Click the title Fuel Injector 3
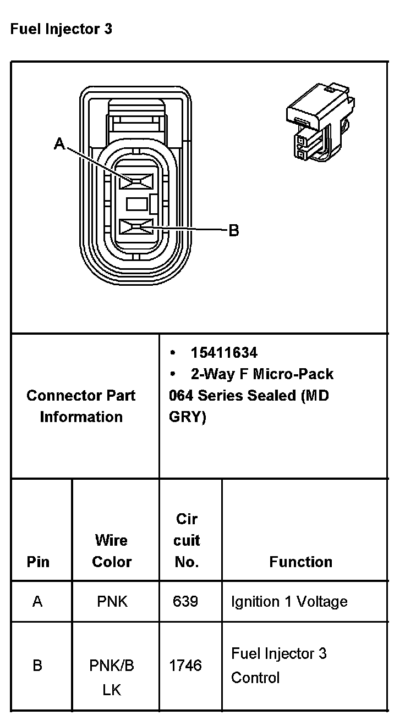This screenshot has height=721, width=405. pos(61,29)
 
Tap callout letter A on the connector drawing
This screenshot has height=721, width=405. pos(59,145)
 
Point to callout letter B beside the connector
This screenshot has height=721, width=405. pos(233,230)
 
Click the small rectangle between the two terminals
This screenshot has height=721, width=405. pos(138,204)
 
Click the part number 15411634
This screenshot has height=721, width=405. pos(224,352)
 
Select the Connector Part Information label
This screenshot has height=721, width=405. pos(81,406)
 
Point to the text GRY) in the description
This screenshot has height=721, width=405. pos(188,417)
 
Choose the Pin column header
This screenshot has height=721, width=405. pos(38,562)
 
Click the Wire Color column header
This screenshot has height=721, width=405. pos(112,551)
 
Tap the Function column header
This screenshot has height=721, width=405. pos(301,562)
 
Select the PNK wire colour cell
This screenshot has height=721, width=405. pos(112,602)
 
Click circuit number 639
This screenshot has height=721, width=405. pos(185,602)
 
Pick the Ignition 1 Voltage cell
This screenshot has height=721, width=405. pos(289,602)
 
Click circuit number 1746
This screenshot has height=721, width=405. pos(185,666)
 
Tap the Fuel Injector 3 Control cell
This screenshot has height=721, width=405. pos(278,665)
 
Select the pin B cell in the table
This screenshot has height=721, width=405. pos(37,666)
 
